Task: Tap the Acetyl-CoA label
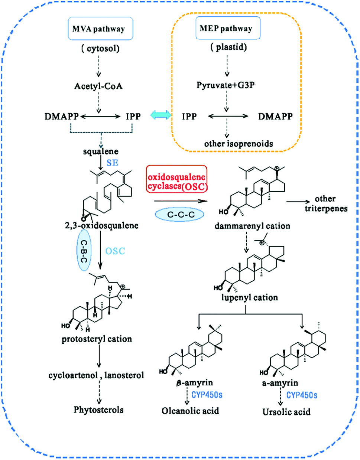click(98, 86)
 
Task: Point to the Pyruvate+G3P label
click(226, 85)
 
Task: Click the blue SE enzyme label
click(112, 163)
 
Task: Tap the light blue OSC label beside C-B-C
click(115, 251)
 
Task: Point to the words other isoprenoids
click(239, 144)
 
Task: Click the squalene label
click(101, 151)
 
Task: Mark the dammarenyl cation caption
click(252, 226)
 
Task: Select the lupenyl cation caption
click(250, 298)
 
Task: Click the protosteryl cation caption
click(97, 339)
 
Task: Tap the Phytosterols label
click(98, 410)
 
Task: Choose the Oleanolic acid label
click(190, 411)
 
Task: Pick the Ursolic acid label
click(286, 412)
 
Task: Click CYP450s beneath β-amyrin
click(207, 395)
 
